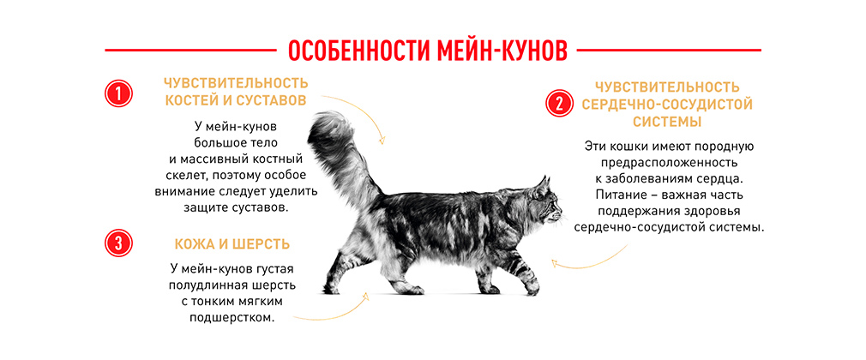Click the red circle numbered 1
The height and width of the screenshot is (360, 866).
pos(118,94)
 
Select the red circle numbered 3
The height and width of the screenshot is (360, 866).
pos(118,243)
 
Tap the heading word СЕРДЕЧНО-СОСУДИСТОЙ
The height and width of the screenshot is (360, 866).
pos(667,105)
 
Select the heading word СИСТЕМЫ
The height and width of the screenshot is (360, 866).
pos(667,122)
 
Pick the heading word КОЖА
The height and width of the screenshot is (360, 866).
pos(193,244)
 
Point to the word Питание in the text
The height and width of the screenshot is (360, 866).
pos(620,195)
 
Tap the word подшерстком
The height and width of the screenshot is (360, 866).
pos(232,319)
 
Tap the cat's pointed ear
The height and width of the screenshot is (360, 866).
pos(543,185)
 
